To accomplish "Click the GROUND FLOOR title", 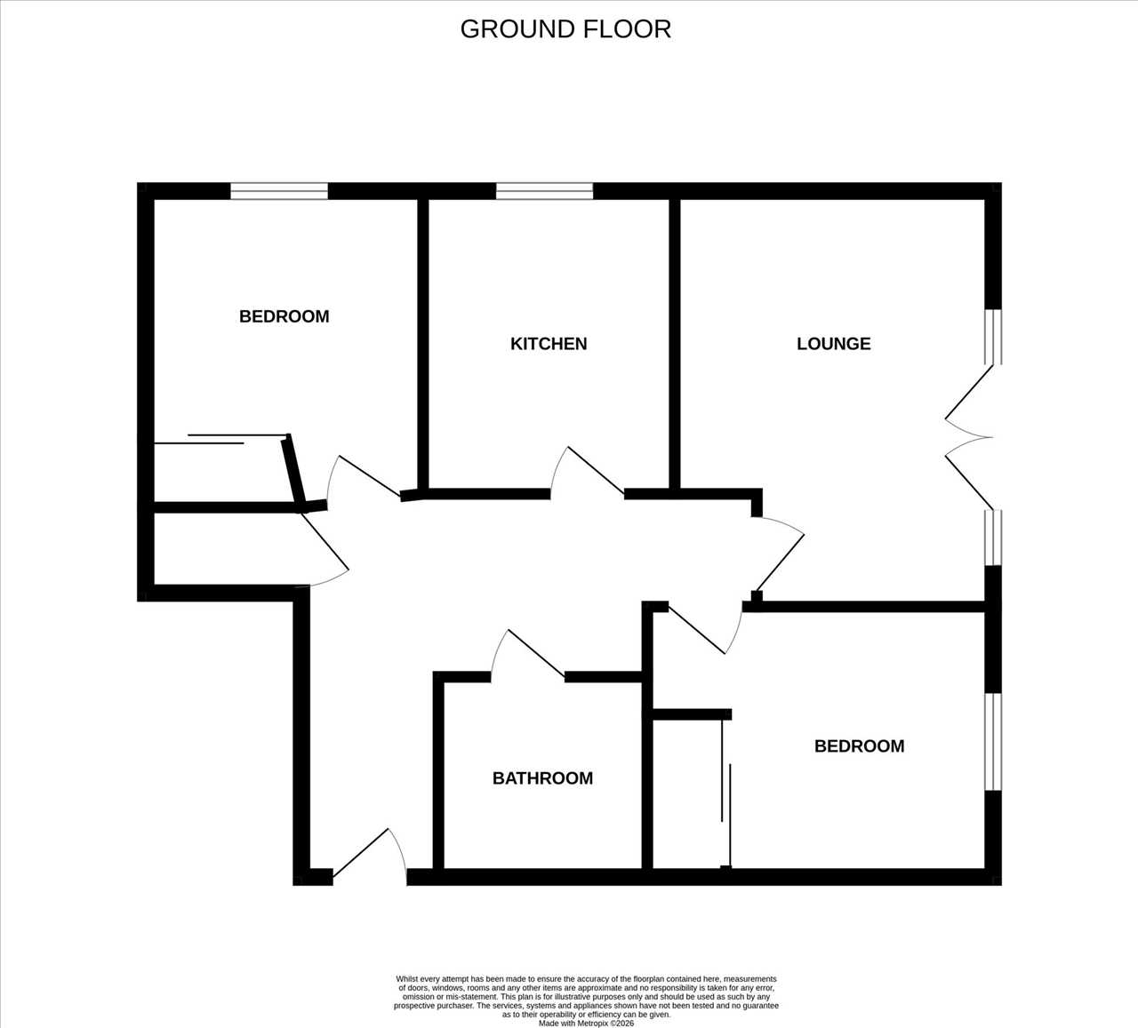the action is pos(565,29).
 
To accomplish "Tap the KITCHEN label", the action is pos(549,344).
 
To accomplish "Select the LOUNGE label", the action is pos(833,344).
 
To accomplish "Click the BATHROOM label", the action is pos(543,778).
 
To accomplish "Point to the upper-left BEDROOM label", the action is pos(284,316).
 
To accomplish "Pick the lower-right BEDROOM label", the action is pos(860,746).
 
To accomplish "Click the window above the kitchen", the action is pos(545,191).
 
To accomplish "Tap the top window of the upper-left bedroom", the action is pos(279,191).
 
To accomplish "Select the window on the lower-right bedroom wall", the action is pos(993,742).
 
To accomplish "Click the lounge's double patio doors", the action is pos(970,437).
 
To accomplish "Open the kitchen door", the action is pos(587,471).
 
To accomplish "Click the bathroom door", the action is pos(527,654).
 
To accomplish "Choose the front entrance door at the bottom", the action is pos(369,857).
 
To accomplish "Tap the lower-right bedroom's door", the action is pos(706,629).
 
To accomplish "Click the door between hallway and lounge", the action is pos(779,554).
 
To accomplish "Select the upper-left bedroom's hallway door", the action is pos(364,477).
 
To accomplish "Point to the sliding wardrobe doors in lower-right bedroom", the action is pos(726,793).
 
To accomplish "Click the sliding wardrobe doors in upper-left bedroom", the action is pos(221,439).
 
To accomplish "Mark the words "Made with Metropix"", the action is pos(569,1024).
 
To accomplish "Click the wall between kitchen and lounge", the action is pos(675,344).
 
